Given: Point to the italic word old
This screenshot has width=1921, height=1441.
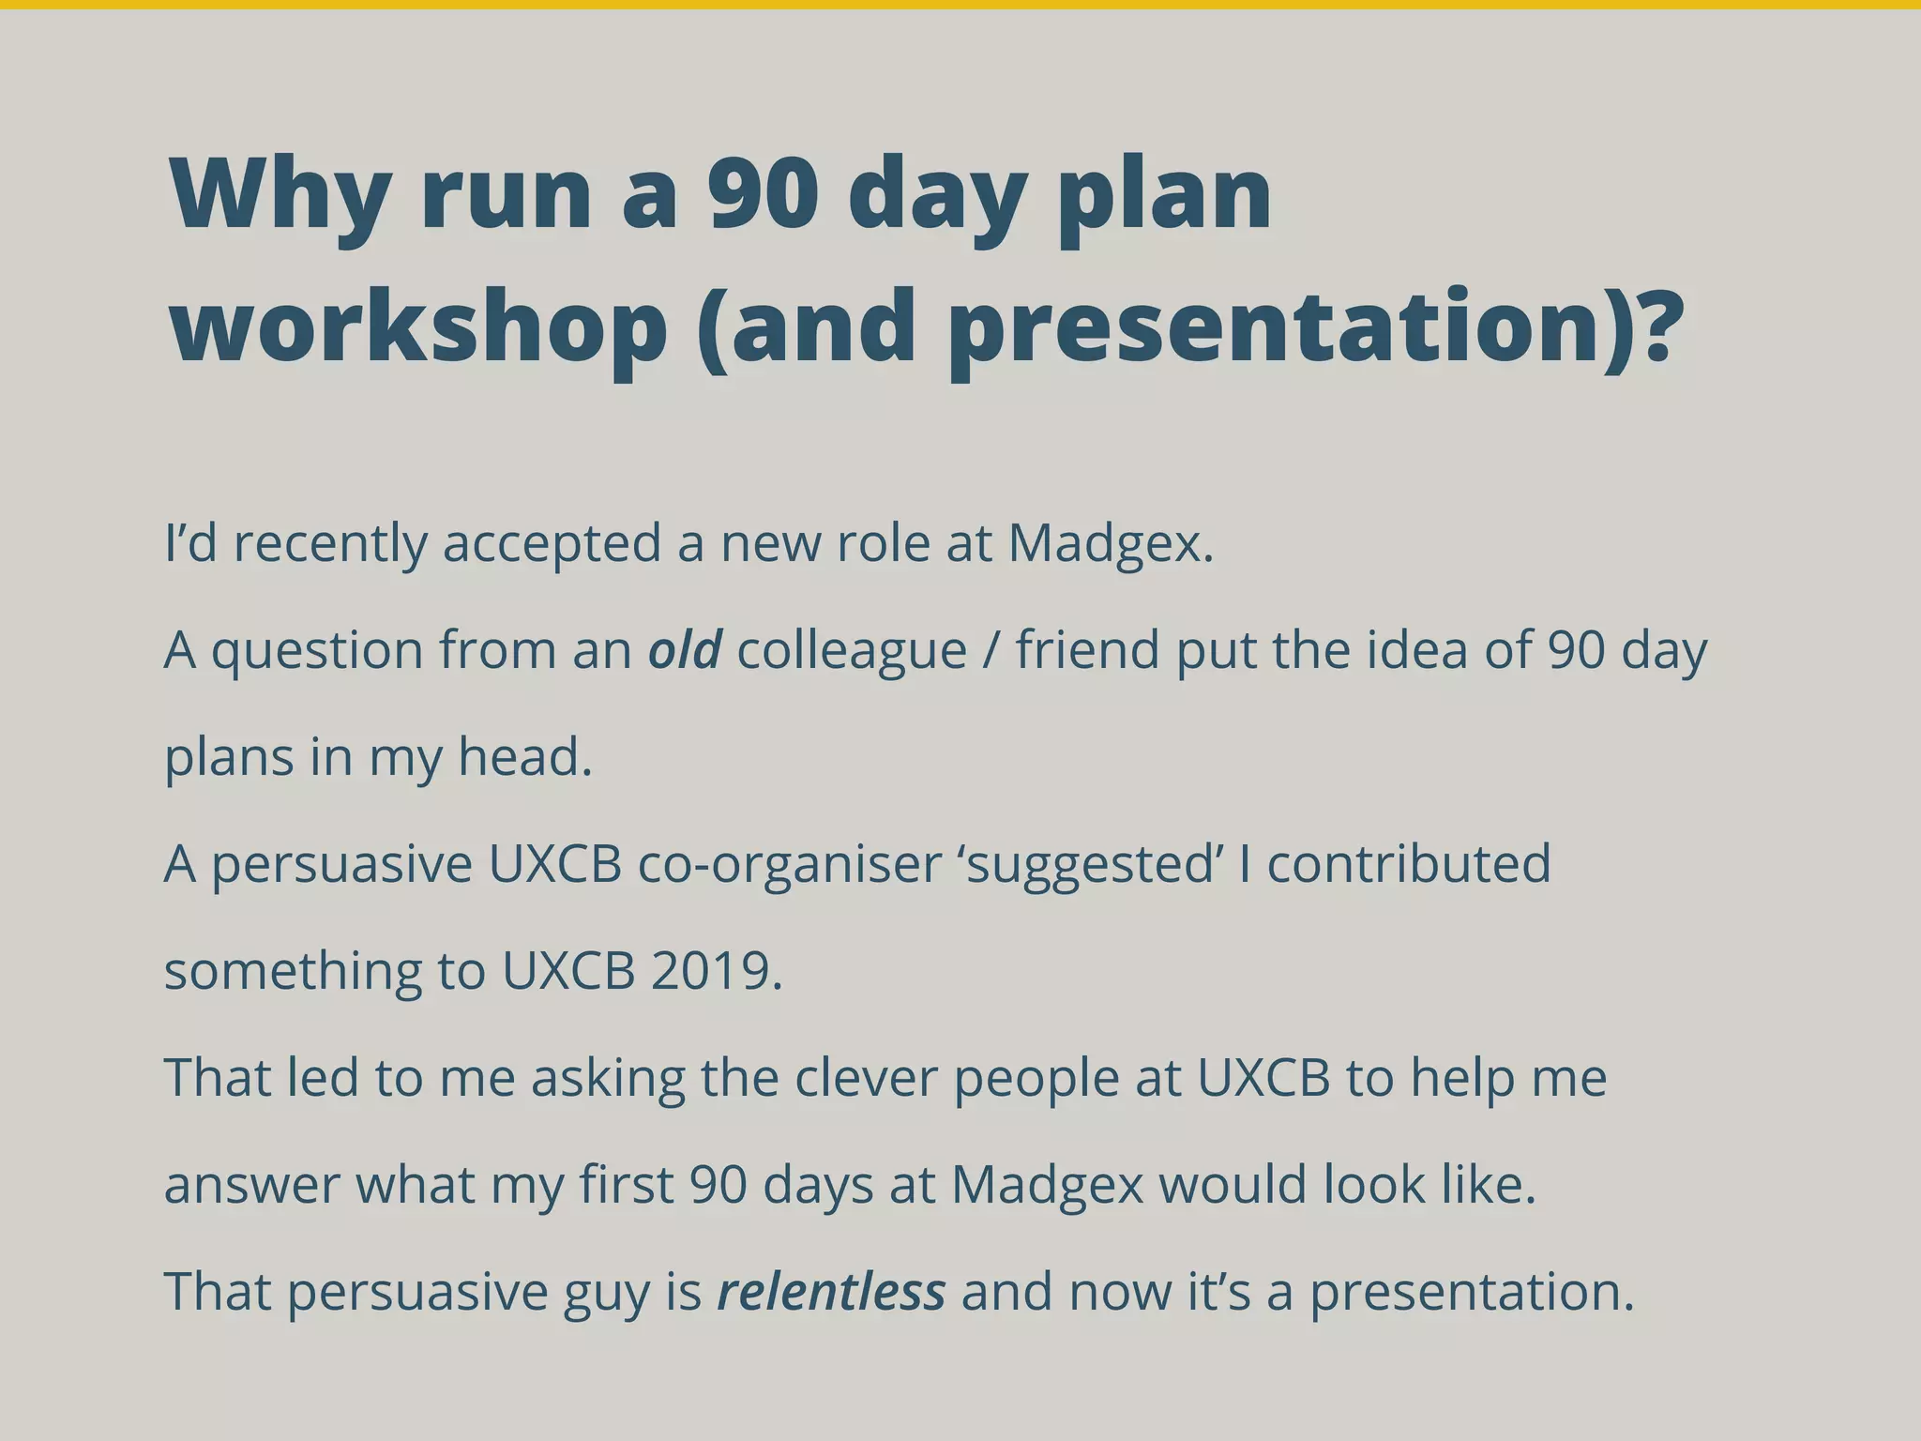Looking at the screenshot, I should coord(685,649).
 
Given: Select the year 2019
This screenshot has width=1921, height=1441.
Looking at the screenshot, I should coord(716,971).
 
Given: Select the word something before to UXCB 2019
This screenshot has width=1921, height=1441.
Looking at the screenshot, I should coord(293,971).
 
